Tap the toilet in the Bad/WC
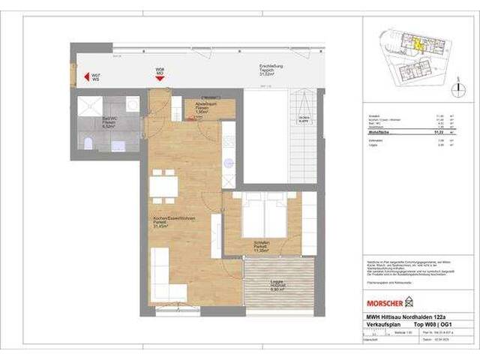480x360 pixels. tap(88, 145)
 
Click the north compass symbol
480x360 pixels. tap(456, 88)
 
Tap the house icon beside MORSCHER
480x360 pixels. tap(409, 302)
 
